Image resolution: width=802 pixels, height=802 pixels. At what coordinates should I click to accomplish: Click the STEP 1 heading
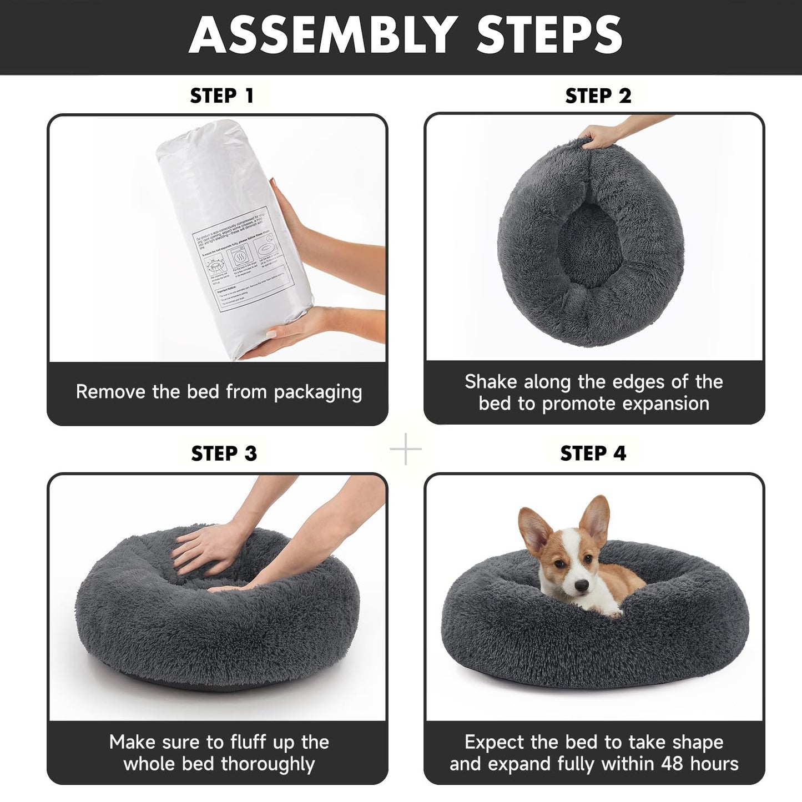tap(222, 96)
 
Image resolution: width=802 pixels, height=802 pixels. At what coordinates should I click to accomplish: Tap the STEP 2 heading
tap(598, 96)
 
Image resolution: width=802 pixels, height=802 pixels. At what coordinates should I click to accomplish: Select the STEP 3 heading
tap(224, 453)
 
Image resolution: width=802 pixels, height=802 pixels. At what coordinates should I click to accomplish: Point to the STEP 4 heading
tap(593, 453)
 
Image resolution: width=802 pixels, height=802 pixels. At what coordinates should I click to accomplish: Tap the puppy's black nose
tap(582, 585)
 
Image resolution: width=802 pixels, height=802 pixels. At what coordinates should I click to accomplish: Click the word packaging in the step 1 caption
tap(317, 392)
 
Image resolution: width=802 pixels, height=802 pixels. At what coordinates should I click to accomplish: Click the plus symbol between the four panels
tap(406, 449)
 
